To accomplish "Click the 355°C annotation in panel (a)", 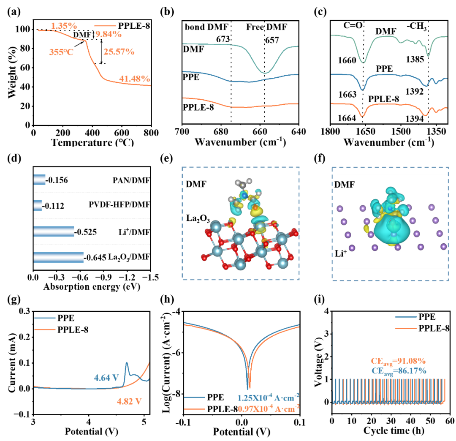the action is pos(61,52).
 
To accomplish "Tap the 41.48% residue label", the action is pos(135,79).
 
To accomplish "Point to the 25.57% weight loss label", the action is pos(119,52).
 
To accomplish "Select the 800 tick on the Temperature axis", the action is pos(151,133).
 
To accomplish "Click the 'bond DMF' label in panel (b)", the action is pos(206,27).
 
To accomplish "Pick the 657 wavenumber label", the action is pos(272,40).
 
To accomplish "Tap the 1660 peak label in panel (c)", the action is pos(347,60).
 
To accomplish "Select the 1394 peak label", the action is pos(415,118).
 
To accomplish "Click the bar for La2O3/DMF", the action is pos(58,257).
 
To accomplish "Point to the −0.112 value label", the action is pos(53,206).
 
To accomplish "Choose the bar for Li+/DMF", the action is pos(54,231).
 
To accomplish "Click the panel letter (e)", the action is pos(167,159).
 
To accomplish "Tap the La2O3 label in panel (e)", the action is pos(198,219).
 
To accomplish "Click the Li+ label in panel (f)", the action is pos(341,253).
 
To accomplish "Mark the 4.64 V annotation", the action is pos(106,378).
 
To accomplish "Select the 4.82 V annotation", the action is pos(129,401).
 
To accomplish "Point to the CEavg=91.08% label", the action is pos(399,361).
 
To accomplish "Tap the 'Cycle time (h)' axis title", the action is pos(394,430).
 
